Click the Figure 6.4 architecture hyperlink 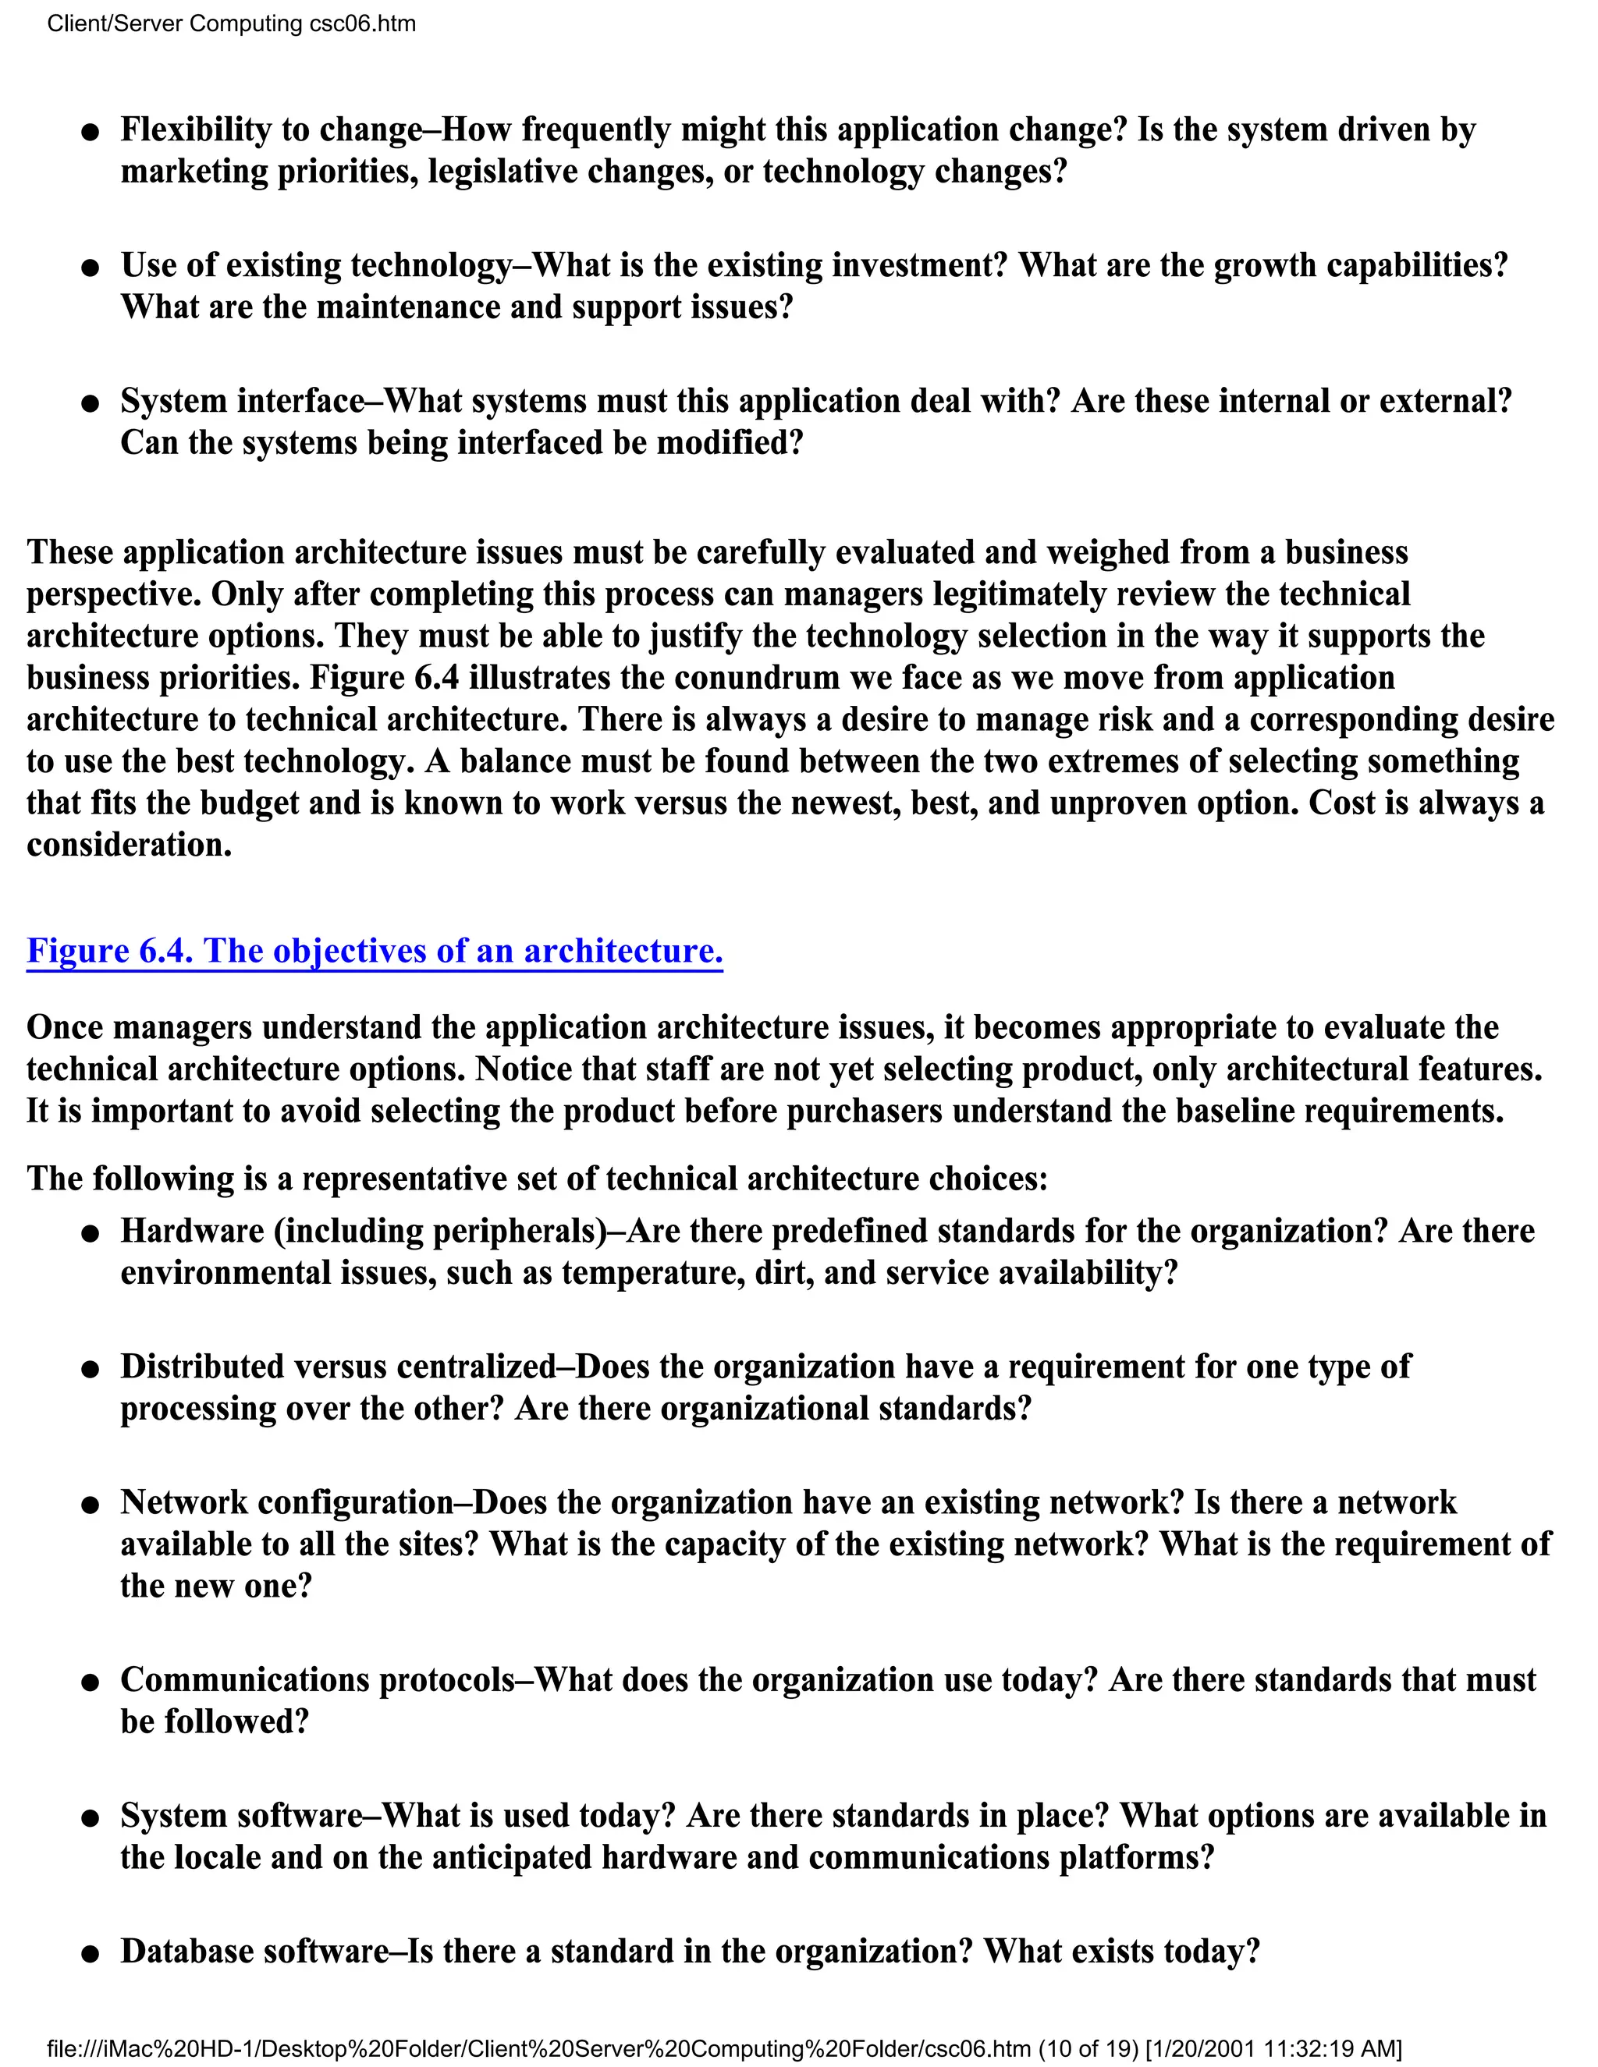coord(374,950)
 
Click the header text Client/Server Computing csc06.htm coord(231,23)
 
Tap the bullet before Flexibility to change coord(90,133)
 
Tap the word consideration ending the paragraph coord(128,844)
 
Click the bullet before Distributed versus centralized coord(90,1370)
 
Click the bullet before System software coord(90,1819)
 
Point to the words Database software coord(254,1951)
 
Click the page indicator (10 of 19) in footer coord(1088,2049)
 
